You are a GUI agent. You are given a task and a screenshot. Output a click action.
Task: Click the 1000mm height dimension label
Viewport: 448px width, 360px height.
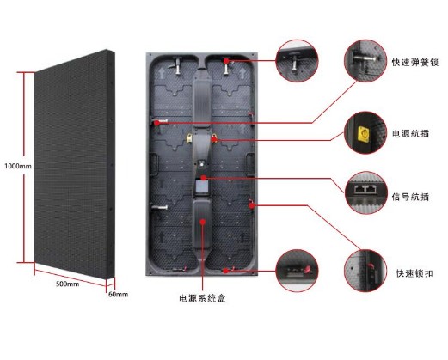[x=18, y=166]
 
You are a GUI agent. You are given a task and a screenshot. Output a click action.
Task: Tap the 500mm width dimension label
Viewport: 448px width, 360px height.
[x=67, y=284]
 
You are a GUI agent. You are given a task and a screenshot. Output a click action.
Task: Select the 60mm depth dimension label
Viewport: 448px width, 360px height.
[x=118, y=294]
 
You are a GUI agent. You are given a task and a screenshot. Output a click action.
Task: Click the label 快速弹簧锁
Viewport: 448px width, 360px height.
[x=415, y=63]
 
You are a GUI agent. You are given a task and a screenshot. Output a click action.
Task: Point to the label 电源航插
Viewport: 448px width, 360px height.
[x=410, y=133]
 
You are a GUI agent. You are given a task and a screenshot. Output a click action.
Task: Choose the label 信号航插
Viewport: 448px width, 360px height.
[x=410, y=197]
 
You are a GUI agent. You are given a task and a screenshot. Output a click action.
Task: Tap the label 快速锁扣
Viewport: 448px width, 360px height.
[x=414, y=273]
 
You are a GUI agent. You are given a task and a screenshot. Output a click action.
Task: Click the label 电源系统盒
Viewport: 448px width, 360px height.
[x=202, y=298]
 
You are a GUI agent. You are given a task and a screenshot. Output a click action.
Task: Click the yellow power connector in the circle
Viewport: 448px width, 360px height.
[x=364, y=134]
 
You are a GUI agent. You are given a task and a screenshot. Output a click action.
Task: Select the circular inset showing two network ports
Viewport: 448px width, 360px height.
[x=366, y=192]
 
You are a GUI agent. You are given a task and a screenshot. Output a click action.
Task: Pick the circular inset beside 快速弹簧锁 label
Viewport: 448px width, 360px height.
[x=365, y=61]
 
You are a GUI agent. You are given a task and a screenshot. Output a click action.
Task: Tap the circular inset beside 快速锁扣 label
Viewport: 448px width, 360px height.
[x=365, y=271]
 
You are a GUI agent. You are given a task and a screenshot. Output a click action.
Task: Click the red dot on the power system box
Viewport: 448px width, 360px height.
[x=203, y=222]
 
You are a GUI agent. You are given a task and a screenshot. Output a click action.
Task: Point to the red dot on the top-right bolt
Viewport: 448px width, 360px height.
[x=226, y=61]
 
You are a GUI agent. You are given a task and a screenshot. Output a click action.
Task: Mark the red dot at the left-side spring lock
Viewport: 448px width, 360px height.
[x=156, y=123]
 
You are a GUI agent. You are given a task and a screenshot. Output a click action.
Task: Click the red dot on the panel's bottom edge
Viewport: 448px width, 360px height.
[x=226, y=271]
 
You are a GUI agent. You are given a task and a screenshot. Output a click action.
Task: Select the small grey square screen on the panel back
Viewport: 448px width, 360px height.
[x=202, y=187]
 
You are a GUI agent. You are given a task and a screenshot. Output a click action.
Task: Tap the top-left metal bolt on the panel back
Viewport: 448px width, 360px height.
[x=178, y=65]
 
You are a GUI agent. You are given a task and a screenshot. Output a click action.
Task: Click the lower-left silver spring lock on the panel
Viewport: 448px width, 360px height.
[x=159, y=207]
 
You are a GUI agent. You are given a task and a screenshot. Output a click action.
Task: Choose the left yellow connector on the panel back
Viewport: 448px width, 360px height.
[x=189, y=138]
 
